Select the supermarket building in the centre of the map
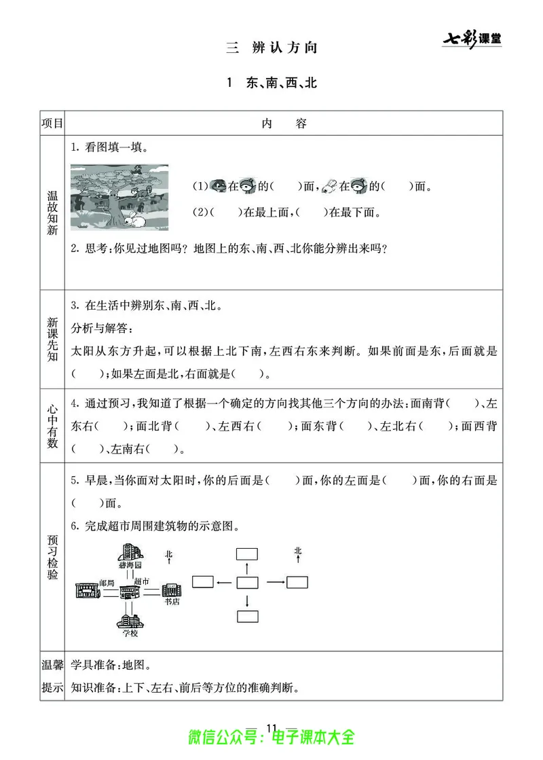[x=128, y=591]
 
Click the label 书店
[x=172, y=601]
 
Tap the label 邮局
[x=107, y=583]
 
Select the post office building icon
[x=87, y=590]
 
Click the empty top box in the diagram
[x=247, y=554]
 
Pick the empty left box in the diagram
[x=203, y=581]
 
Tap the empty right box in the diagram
[x=297, y=581]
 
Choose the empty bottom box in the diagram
[x=247, y=617]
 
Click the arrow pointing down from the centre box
[x=247, y=600]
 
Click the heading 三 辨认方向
[x=271, y=48]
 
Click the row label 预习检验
[x=52, y=557]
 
